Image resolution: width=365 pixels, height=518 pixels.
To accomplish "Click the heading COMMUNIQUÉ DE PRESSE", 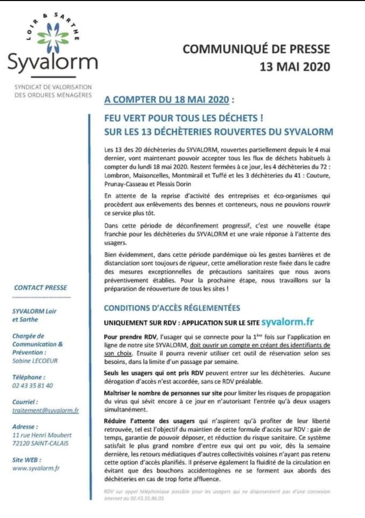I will click(x=256, y=49).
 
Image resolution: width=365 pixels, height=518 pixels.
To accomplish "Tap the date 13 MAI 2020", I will click(x=294, y=66).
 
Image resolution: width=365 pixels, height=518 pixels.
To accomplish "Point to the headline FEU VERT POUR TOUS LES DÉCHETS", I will click(x=184, y=118).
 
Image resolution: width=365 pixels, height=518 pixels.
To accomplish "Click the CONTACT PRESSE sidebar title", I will click(x=41, y=288).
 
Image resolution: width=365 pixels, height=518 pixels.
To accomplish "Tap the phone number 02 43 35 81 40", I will click(x=32, y=385).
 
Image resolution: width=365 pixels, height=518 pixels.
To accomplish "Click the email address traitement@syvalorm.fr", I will click(x=45, y=410).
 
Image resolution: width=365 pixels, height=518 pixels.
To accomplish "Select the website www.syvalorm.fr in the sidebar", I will click(x=36, y=468).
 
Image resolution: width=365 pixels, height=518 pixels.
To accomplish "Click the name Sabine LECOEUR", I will click(x=35, y=361).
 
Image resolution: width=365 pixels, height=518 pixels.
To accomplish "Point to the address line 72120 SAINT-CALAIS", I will click(x=40, y=443).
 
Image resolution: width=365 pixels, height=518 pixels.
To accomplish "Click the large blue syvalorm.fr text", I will click(x=287, y=322).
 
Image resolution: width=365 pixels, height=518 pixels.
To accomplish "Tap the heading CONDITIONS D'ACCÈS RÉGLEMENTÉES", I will click(x=172, y=308).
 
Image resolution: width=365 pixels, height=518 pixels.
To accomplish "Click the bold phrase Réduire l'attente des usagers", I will click(x=149, y=421).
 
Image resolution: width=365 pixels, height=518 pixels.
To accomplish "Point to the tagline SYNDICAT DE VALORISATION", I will click(x=53, y=87).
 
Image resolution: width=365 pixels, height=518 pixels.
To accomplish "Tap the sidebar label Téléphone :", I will click(x=29, y=377).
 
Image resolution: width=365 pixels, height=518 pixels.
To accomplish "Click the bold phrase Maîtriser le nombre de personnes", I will click(x=163, y=393).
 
